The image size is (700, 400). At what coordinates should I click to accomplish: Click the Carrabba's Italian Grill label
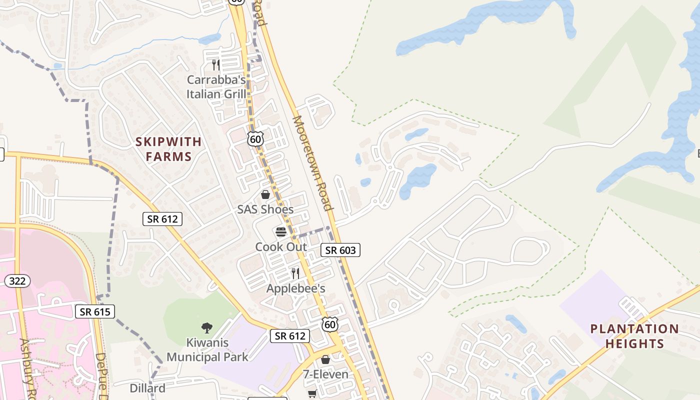216,87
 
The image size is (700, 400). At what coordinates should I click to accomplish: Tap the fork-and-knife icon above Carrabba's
215,65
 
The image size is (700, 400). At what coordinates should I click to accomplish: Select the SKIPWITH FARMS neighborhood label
168,149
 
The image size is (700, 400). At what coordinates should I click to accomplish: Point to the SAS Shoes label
265,209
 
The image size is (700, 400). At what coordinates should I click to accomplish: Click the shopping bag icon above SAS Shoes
265,194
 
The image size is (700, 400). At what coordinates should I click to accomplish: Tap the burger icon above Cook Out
280,232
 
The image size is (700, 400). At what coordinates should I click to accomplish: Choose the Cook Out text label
281,246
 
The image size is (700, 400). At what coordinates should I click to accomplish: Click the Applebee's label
295,288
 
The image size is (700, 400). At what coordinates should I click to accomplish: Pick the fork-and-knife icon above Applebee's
295,273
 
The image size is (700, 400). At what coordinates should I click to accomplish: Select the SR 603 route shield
340,250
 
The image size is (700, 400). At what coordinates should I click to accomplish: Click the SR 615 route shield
95,312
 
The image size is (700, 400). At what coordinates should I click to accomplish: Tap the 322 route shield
17,281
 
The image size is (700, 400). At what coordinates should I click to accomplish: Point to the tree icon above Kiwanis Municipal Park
206,328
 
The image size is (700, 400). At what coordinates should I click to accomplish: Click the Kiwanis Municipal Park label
207,350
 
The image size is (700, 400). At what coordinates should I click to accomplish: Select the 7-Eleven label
325,374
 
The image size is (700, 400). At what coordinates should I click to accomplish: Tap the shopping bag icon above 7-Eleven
325,359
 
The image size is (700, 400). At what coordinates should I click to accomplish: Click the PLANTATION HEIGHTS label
634,336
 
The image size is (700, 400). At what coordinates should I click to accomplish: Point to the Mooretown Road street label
312,163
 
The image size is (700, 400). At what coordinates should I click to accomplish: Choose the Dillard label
147,388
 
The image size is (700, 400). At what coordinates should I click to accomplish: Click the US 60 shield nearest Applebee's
330,324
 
